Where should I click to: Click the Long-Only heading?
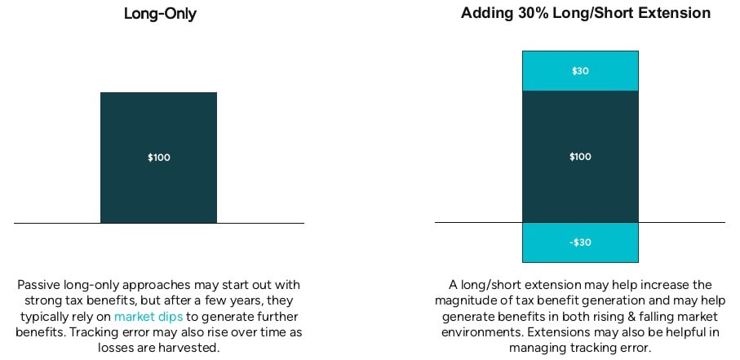click(160, 14)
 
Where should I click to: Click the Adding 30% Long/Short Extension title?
click(586, 13)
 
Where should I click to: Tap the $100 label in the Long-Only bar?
click(158, 158)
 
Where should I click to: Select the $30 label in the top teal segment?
click(580, 71)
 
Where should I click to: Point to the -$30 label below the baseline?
click(580, 242)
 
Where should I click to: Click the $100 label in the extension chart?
click(580, 157)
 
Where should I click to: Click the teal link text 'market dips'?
click(148, 317)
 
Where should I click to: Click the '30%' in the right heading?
click(530, 13)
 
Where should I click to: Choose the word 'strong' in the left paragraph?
click(42, 301)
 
